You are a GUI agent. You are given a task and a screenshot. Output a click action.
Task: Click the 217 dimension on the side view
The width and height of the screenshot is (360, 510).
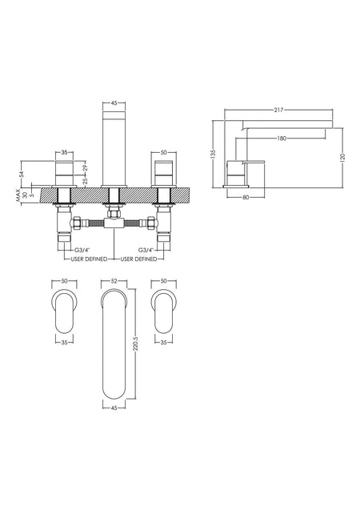(278, 110)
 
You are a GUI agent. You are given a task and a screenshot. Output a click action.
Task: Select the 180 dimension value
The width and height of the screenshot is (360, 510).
(282, 139)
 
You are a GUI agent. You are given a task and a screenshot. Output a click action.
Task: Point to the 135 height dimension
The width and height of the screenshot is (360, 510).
(213, 154)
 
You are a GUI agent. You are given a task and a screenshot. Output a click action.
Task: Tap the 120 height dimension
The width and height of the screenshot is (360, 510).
(342, 158)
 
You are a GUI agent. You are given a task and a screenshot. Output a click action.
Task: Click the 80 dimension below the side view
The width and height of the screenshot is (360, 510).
(246, 197)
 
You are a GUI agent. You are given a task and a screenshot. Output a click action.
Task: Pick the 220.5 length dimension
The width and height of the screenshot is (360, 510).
(136, 343)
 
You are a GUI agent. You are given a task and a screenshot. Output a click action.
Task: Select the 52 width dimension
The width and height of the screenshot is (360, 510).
(114, 281)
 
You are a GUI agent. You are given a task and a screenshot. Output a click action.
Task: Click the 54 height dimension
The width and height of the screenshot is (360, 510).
(22, 174)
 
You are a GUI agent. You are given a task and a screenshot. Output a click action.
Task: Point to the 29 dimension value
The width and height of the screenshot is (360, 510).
(85, 168)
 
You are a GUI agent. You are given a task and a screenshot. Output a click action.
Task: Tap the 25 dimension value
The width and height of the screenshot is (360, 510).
(85, 181)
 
